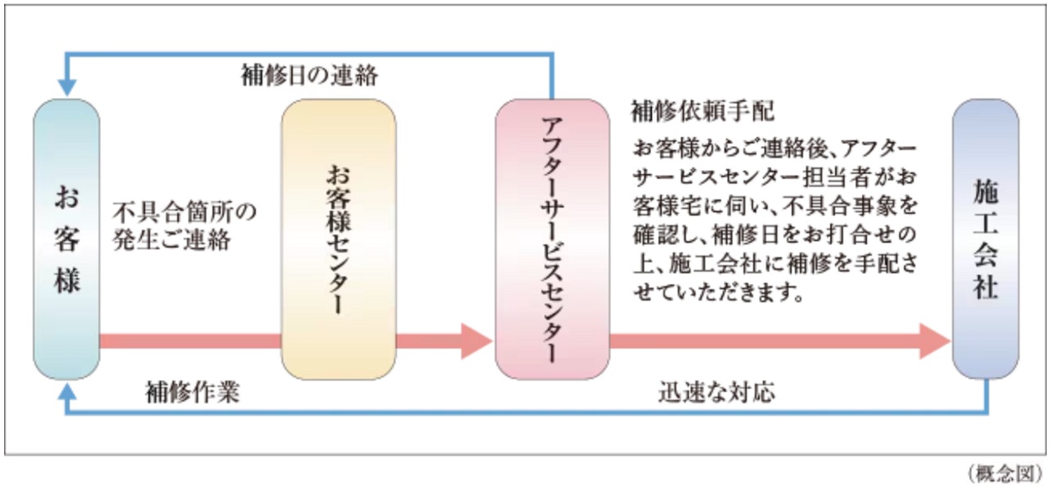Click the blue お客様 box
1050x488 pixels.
coord(66,238)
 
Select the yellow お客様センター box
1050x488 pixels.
coord(338,238)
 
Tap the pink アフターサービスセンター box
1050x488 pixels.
coord(551,238)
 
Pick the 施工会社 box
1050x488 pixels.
coord(985,238)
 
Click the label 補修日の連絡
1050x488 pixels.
coord(309,76)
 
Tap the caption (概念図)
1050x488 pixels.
coord(1004,473)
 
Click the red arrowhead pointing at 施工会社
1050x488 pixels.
coord(935,341)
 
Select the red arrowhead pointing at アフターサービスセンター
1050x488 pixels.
coord(476,341)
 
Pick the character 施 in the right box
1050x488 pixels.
coord(985,194)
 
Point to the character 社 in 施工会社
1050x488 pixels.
coord(985,286)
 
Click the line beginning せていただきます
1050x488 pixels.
coord(717,292)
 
